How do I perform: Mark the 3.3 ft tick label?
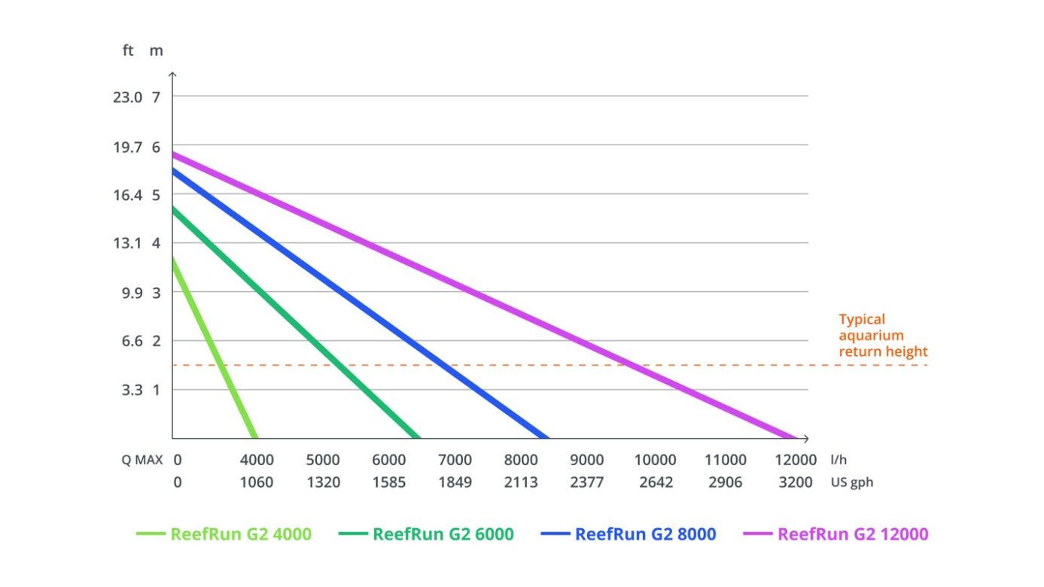(132, 390)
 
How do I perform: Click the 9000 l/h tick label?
(586, 460)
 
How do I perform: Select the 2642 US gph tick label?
(656, 482)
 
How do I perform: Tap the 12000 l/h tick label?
(796, 460)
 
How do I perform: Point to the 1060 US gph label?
(257, 482)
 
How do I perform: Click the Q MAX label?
(143, 460)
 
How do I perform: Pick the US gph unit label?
(852, 482)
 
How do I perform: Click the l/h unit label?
(839, 460)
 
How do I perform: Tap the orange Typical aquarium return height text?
(883, 336)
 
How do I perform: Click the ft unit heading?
(128, 52)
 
